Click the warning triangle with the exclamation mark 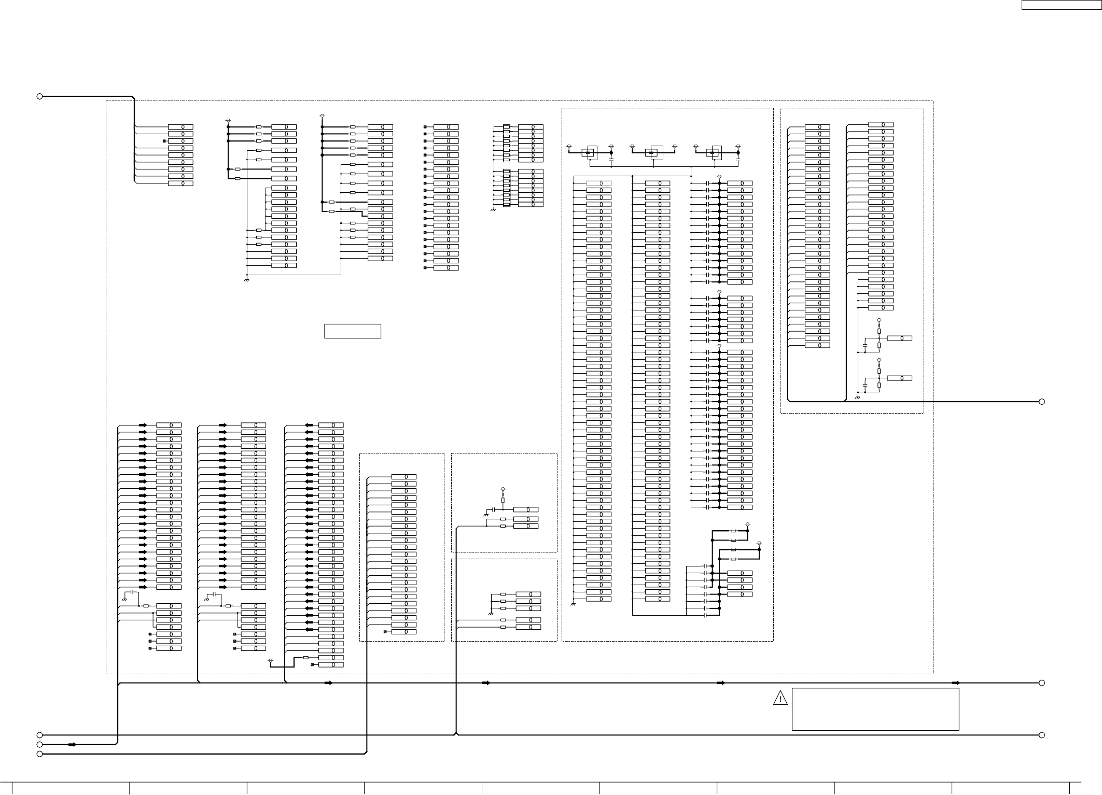point(780,699)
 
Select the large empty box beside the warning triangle point(875,709)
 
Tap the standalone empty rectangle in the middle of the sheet point(353,331)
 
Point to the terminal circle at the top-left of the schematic point(39,96)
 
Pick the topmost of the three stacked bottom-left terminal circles point(39,735)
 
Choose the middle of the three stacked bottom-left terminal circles point(39,744)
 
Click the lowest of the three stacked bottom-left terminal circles point(39,754)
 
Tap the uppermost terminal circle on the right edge point(1041,402)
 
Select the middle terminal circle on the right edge point(1041,683)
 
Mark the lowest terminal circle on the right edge point(1041,735)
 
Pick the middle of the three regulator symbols point(653,152)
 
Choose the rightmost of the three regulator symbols point(714,152)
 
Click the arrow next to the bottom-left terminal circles point(73,744)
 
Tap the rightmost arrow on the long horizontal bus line point(956,683)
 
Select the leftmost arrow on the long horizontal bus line point(328,683)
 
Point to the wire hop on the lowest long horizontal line point(455,734)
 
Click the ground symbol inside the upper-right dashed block point(857,397)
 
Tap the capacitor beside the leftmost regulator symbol point(611,162)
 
